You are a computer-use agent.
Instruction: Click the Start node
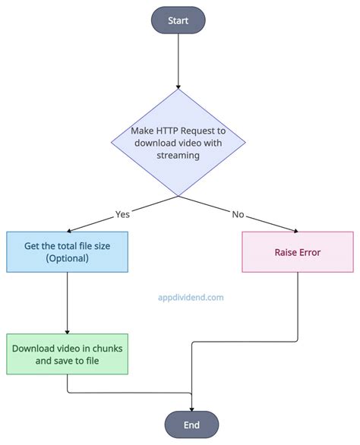pos(178,20)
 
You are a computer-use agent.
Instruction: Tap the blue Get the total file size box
pos(67,251)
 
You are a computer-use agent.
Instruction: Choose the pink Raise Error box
pos(297,252)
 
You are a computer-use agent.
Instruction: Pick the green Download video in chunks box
pos(67,354)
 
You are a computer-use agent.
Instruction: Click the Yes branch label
pos(123,214)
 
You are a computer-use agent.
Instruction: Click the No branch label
pos(237,214)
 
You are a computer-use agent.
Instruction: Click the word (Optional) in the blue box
pos(67,258)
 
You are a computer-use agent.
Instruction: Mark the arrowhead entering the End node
pos(191,408)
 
